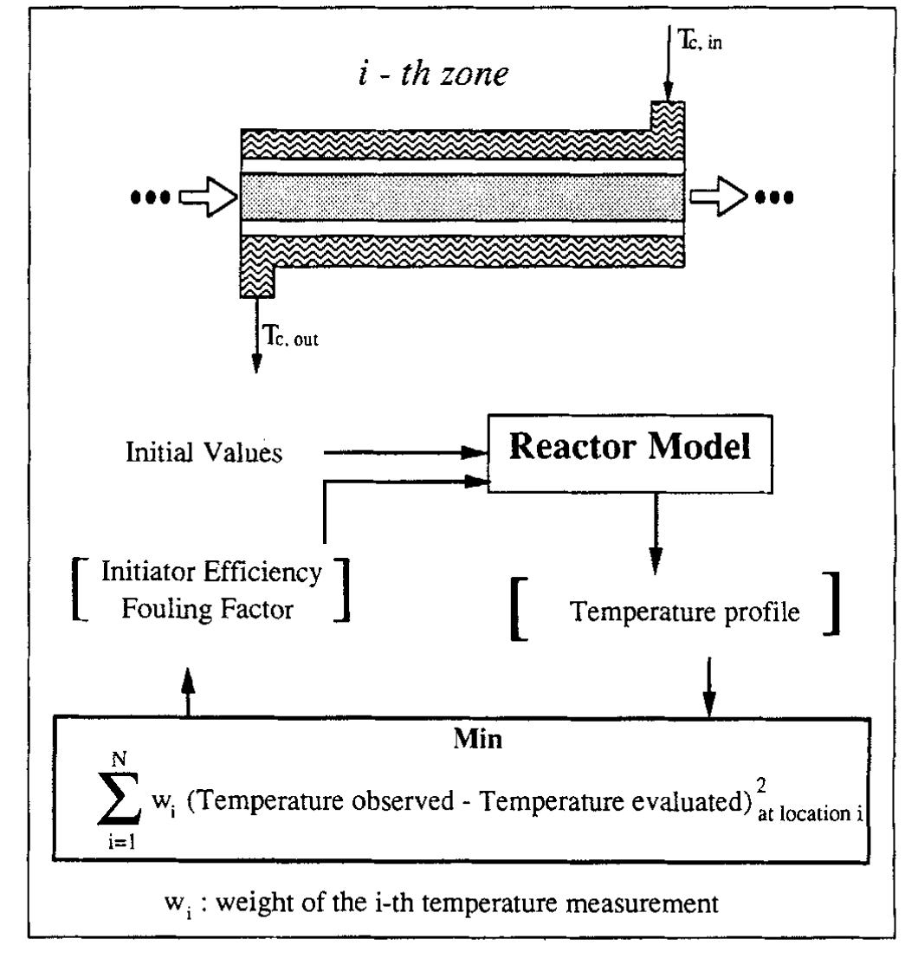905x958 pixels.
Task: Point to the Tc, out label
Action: [x=293, y=340]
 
